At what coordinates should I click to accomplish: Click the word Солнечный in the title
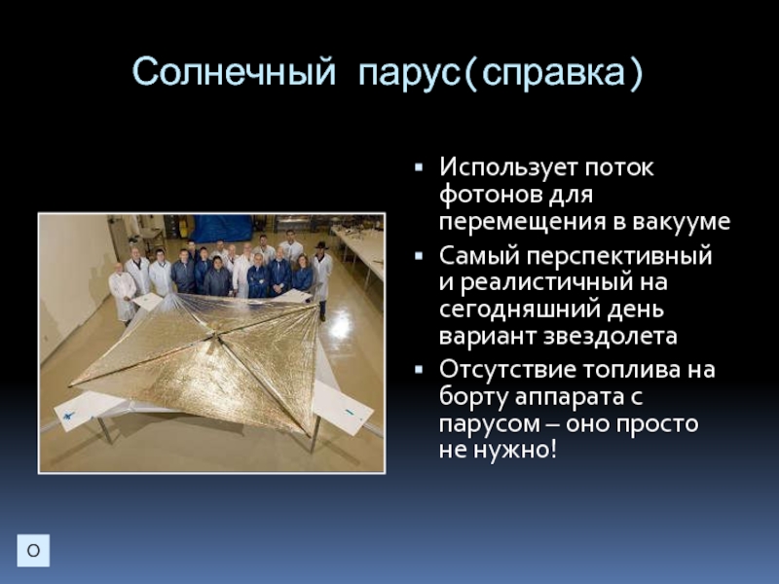pyautogui.click(x=234, y=72)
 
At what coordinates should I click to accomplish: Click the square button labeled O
pyautogui.click(x=33, y=550)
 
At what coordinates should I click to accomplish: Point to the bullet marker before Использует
pyautogui.click(x=419, y=167)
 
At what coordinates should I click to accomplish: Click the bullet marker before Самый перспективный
pyautogui.click(x=419, y=256)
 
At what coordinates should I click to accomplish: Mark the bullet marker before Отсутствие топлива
pyautogui.click(x=419, y=370)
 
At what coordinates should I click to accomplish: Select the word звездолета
pyautogui.click(x=611, y=336)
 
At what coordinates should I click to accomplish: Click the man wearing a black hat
pyautogui.click(x=322, y=271)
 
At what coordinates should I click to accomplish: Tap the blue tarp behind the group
pyautogui.click(x=222, y=228)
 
